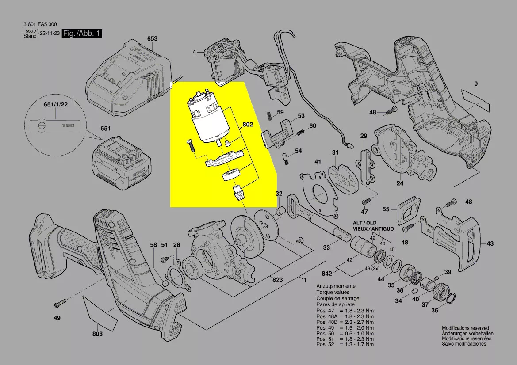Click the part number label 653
click(x=152, y=39)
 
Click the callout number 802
click(x=248, y=125)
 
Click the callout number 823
click(x=277, y=280)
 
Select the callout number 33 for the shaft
click(x=326, y=247)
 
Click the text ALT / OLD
click(x=365, y=223)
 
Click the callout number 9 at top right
click(x=476, y=84)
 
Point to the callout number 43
click(x=490, y=243)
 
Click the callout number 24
click(x=400, y=183)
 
